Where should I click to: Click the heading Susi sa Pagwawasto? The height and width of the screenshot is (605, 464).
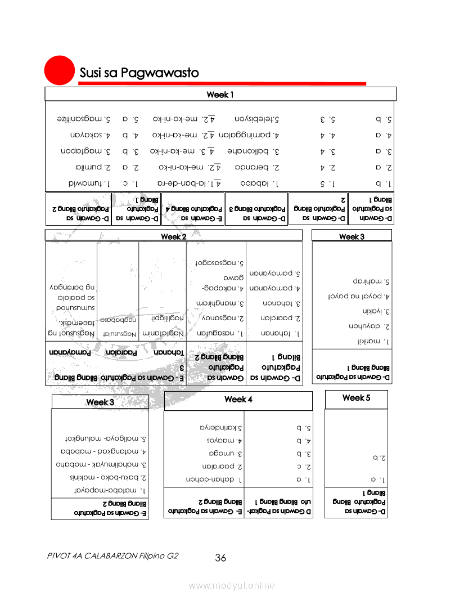pos(139,73)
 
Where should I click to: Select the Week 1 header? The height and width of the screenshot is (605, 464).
pos(220,94)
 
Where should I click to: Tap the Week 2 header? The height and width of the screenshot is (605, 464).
pos(173,236)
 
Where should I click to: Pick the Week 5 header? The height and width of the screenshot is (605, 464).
pos(356,398)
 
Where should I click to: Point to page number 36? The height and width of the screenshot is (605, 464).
pos(220,558)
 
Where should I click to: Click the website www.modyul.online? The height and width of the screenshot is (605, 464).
pos(232,586)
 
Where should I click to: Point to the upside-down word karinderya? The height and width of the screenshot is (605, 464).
pos(223,428)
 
